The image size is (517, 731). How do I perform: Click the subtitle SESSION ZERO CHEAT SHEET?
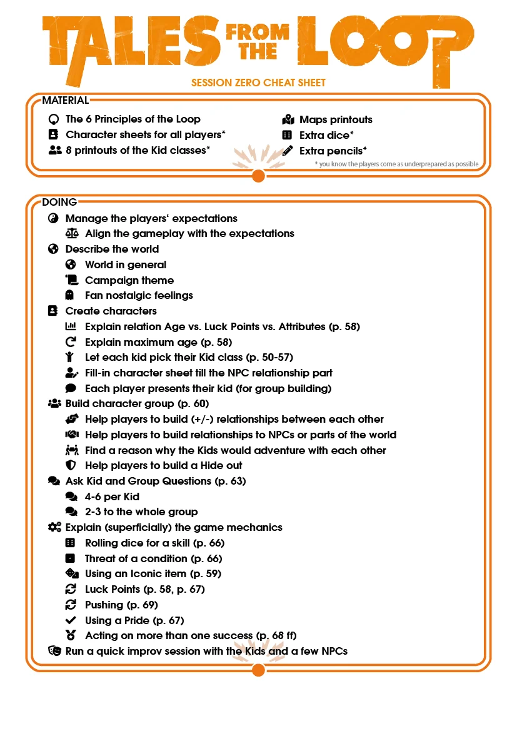[x=258, y=83]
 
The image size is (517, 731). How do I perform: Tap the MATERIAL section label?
[x=65, y=100]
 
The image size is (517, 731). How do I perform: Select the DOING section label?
[x=59, y=202]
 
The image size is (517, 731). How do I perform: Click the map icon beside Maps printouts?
[x=288, y=119]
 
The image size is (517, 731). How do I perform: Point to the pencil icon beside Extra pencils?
[x=288, y=150]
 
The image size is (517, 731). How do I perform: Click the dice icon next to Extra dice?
[x=287, y=135]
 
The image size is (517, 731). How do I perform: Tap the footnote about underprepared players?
[x=397, y=164]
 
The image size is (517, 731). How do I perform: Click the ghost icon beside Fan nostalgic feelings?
[x=71, y=295]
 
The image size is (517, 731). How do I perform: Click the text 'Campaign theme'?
[x=129, y=280]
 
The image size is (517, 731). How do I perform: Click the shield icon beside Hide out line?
[x=71, y=465]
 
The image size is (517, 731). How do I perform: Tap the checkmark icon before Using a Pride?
[x=71, y=620]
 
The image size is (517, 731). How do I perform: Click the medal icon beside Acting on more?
[x=71, y=635]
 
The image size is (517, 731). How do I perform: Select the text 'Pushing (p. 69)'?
[x=121, y=605]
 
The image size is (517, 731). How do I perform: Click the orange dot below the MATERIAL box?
[x=258, y=176]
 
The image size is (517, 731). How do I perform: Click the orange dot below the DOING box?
[x=258, y=670]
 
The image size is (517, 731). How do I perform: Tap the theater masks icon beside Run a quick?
[x=54, y=651]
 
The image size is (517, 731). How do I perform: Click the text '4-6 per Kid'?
[x=111, y=497]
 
